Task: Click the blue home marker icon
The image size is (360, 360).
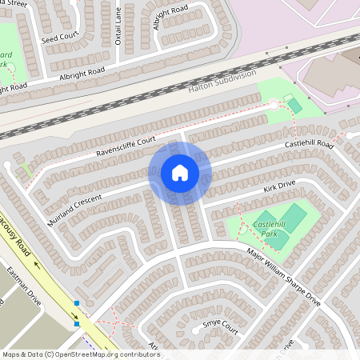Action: click(x=179, y=173)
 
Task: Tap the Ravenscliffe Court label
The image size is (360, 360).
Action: click(x=125, y=145)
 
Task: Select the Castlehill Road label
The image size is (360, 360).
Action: click(x=310, y=145)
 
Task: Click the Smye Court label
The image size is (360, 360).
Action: click(x=220, y=326)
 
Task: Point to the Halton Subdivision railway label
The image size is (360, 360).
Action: click(x=222, y=82)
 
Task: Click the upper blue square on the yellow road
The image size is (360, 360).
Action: click(x=77, y=303)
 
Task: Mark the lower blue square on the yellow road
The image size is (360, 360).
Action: click(x=77, y=323)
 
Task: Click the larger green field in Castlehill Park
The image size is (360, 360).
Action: click(x=294, y=215)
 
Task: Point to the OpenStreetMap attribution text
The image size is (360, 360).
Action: click(x=81, y=354)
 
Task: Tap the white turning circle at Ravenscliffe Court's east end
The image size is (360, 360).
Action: click(x=274, y=105)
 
